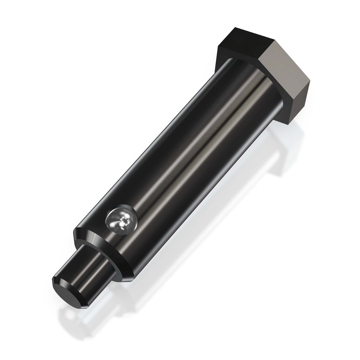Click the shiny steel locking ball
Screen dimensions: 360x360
tap(121, 220)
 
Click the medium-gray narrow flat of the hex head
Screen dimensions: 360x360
tap(297, 103)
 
